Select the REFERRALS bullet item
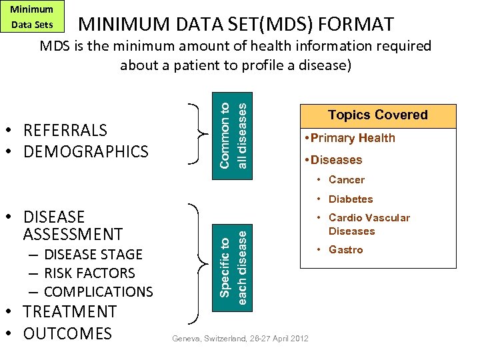65,129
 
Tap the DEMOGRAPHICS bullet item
85,151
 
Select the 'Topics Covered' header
377,115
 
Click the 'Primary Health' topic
353,138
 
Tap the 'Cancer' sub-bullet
346,179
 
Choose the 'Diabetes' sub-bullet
350,199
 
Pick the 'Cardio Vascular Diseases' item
368,224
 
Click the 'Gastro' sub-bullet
345,249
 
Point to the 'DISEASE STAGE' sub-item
93,255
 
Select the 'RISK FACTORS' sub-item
89,273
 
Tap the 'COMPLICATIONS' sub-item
98,292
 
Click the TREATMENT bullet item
69,312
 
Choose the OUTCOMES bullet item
67,333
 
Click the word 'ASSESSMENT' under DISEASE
73,234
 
